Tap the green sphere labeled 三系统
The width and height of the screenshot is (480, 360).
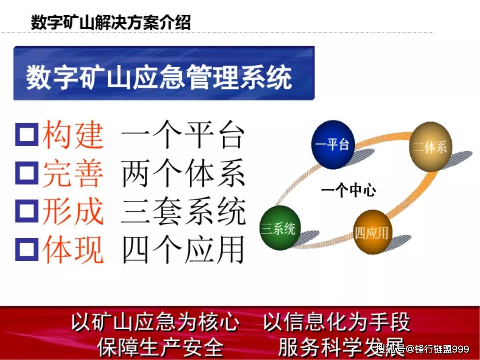tap(279, 228)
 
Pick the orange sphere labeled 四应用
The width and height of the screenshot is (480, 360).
tap(372, 232)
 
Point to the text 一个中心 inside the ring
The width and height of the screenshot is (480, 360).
tap(348, 191)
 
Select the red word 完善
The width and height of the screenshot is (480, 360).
tap(73, 173)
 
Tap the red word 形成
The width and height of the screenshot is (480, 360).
tap(73, 211)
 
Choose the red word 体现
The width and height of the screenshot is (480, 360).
tap(73, 249)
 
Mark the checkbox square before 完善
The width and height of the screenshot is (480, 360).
tap(27, 172)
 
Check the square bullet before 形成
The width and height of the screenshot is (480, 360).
tap(27, 210)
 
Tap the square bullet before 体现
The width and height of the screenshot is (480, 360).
tap(27, 248)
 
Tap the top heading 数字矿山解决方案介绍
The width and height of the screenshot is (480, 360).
tap(111, 22)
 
